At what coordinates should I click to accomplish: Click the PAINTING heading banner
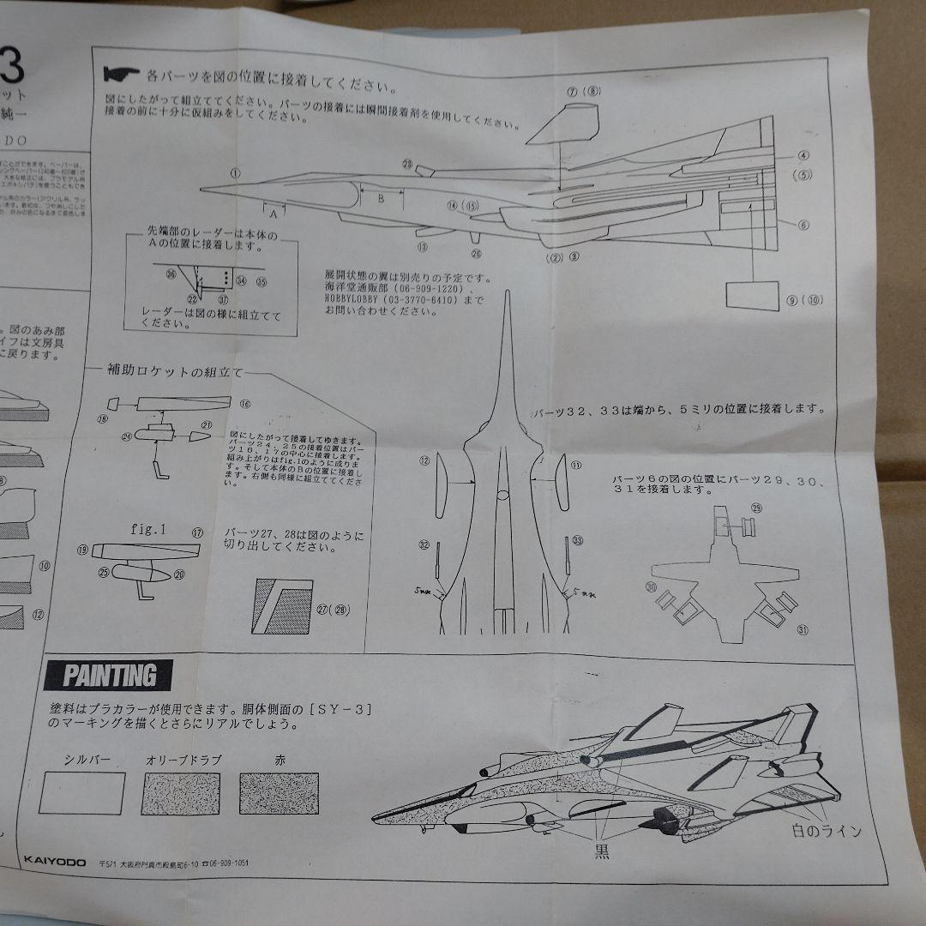click(109, 676)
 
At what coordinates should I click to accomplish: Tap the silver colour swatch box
click(81, 793)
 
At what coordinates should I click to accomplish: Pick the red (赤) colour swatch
click(279, 793)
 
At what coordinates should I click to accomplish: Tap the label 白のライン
click(827, 831)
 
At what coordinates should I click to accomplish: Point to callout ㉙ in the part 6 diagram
click(755, 508)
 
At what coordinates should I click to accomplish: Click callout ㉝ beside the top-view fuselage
click(577, 540)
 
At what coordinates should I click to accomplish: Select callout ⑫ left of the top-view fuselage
click(424, 461)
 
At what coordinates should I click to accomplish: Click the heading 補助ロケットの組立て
click(175, 372)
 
